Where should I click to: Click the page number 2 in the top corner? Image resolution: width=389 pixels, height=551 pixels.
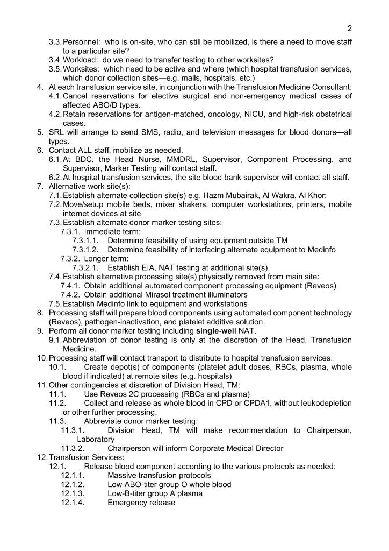coord(350,29)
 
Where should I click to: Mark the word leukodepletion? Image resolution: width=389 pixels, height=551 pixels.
coord(322,403)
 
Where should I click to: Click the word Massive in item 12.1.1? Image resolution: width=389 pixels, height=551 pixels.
coord(123,475)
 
